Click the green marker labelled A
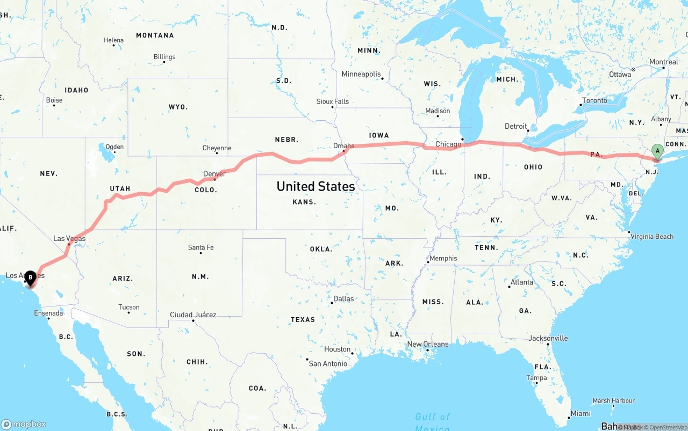click(657, 152)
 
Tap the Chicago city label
click(448, 144)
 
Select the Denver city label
click(214, 173)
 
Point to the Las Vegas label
click(69, 238)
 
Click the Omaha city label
click(344, 145)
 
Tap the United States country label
click(316, 186)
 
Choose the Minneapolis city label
click(361, 74)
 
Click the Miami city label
click(580, 413)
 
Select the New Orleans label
click(428, 344)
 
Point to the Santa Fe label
click(200, 247)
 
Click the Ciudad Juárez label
click(193, 315)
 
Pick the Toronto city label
click(594, 100)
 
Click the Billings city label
click(164, 56)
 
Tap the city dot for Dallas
click(332, 303)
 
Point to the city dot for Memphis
click(428, 262)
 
